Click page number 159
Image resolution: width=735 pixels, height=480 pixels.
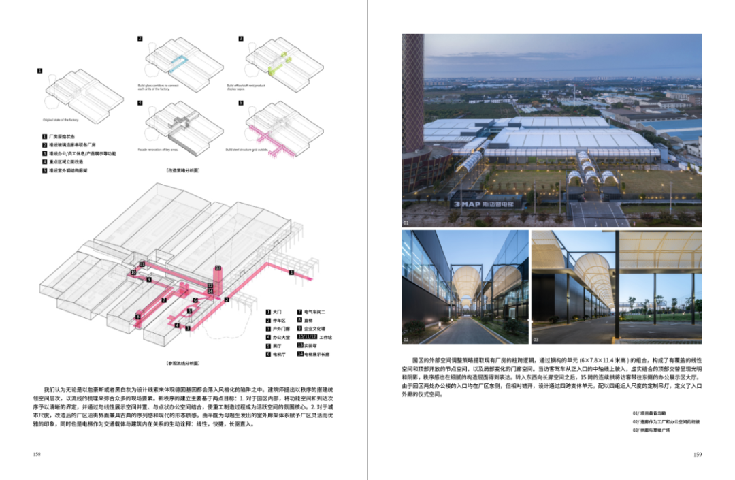[697, 455]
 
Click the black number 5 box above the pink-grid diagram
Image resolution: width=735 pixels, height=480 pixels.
[241, 103]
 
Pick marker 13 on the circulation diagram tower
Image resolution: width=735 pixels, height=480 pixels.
[218, 268]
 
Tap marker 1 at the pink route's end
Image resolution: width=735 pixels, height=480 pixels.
[291, 273]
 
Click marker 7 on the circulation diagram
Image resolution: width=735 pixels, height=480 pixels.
[164, 300]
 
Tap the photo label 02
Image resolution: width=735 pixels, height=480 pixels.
[406, 338]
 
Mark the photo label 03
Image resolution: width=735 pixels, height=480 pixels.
[536, 338]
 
